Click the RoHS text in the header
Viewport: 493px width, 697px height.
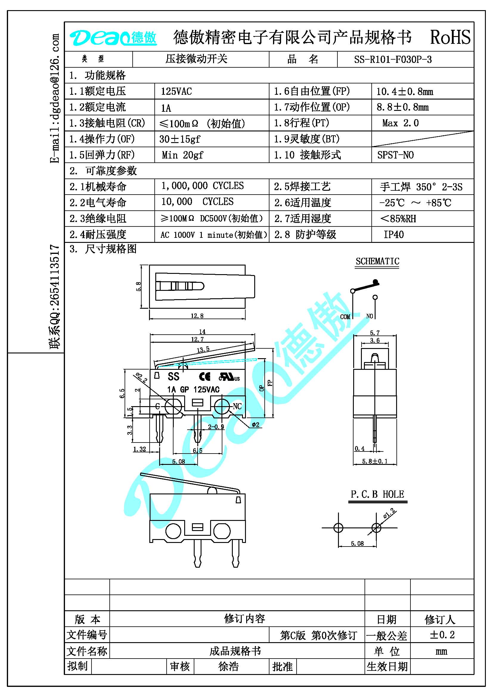(x=450, y=37)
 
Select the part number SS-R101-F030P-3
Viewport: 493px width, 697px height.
(x=393, y=59)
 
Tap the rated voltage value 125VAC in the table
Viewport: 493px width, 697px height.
(x=176, y=91)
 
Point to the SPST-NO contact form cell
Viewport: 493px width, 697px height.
(x=396, y=155)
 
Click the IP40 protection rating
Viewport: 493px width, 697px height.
(x=394, y=234)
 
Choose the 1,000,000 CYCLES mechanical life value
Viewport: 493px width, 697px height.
(x=202, y=186)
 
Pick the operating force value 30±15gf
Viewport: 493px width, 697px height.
(x=180, y=139)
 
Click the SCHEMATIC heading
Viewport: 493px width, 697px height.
(x=377, y=261)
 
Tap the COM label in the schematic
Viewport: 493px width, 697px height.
(x=345, y=317)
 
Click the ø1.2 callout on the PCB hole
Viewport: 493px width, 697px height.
(x=389, y=513)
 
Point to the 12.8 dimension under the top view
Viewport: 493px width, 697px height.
(x=197, y=316)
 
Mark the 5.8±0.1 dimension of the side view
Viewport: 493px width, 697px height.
(x=375, y=461)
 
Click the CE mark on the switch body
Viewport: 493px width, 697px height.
(x=204, y=377)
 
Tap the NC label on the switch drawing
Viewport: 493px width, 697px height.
(x=237, y=406)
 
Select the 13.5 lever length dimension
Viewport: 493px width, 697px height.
(x=203, y=350)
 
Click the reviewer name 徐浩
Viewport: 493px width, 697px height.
(x=229, y=666)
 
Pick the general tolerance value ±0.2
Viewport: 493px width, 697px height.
(x=442, y=635)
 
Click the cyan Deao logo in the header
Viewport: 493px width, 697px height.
(x=113, y=38)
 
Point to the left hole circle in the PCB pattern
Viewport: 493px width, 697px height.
(x=338, y=528)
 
